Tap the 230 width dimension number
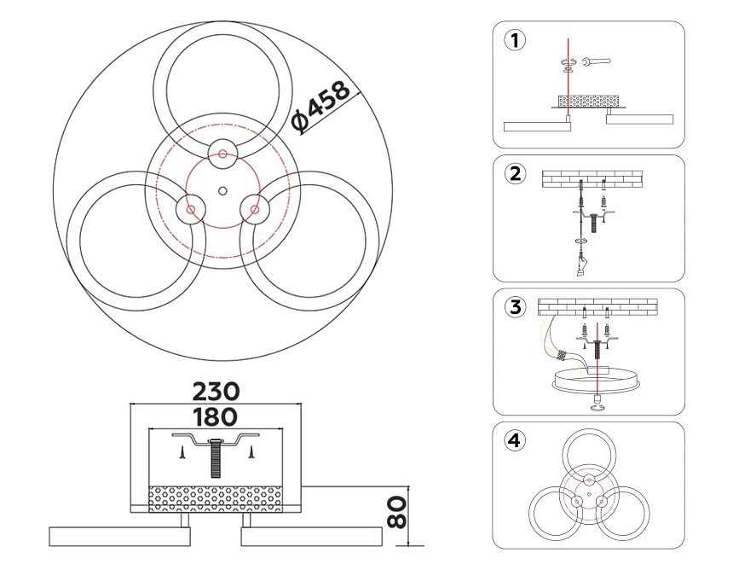point(215,392)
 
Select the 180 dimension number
point(215,417)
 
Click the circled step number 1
point(513,40)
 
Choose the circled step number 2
point(513,173)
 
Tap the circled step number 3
point(513,307)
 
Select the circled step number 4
point(513,440)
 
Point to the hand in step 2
point(580,265)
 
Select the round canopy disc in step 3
point(597,378)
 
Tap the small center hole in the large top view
point(222,189)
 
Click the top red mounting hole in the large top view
point(222,154)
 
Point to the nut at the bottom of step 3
point(597,407)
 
